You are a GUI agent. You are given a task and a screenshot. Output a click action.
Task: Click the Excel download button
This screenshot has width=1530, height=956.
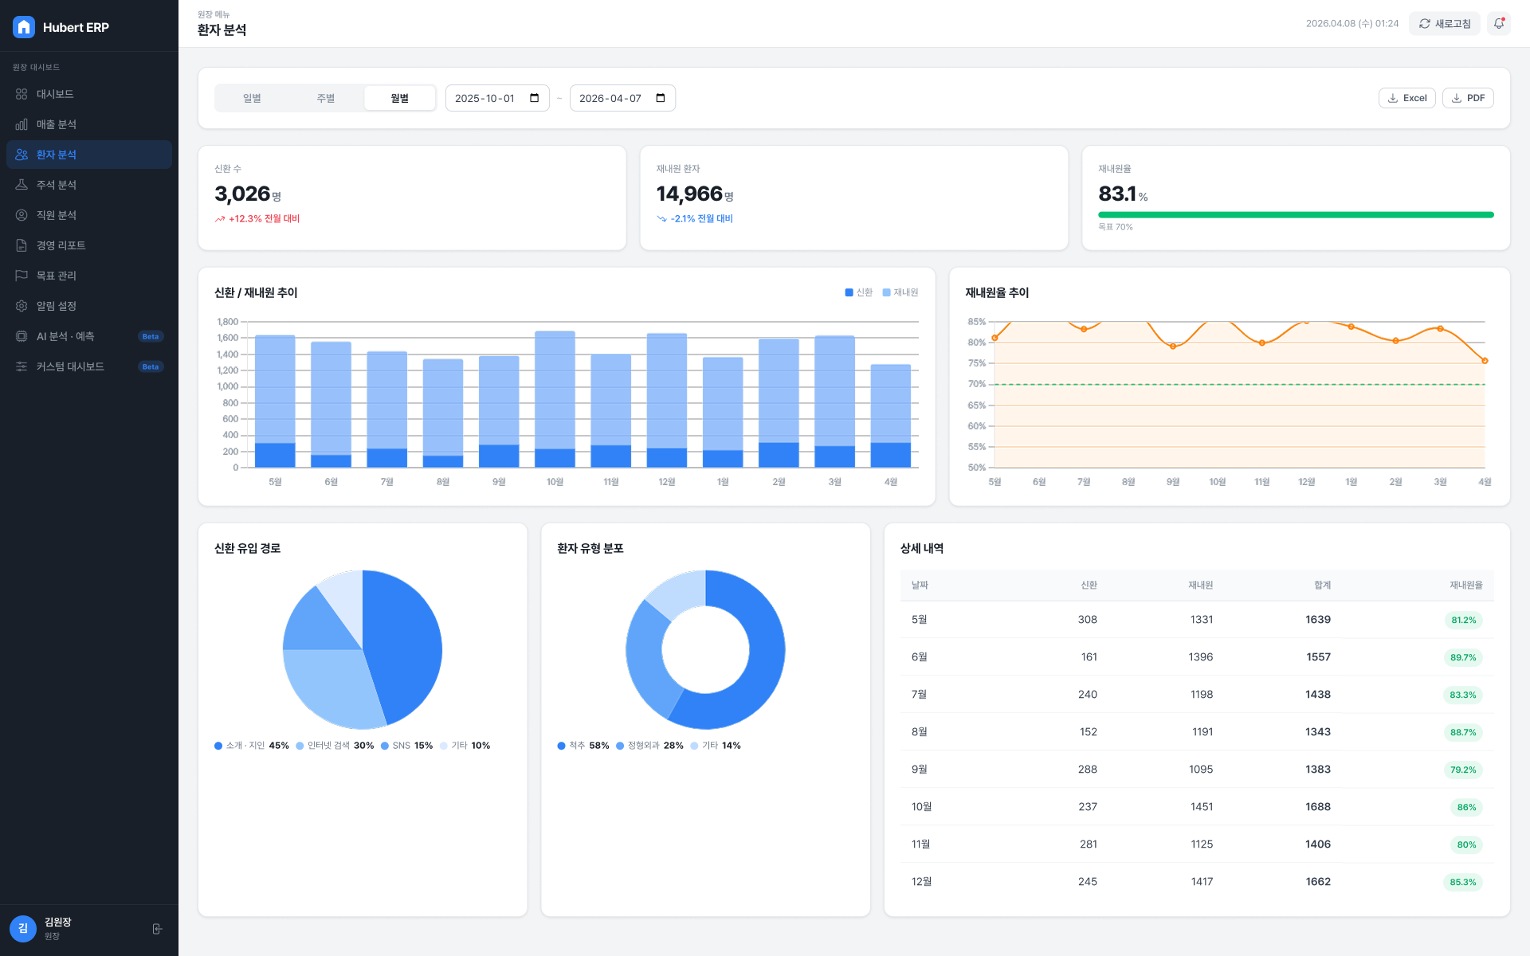(x=1406, y=98)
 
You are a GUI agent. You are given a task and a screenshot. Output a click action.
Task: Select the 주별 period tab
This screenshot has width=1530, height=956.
(x=325, y=98)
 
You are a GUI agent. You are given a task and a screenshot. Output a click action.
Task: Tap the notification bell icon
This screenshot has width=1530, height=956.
(x=1499, y=23)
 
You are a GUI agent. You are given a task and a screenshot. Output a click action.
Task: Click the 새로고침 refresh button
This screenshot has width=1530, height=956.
(x=1444, y=23)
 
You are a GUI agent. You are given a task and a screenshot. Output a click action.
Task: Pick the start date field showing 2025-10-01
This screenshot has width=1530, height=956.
(x=497, y=98)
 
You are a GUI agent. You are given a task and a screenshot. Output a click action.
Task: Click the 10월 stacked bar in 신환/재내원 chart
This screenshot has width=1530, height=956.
(x=555, y=399)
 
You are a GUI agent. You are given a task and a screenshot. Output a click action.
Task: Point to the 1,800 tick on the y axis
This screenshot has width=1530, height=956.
(x=227, y=322)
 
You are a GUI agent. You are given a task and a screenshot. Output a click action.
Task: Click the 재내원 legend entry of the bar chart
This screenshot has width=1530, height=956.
(x=900, y=292)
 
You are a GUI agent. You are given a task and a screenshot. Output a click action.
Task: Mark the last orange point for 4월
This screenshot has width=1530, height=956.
(x=1485, y=361)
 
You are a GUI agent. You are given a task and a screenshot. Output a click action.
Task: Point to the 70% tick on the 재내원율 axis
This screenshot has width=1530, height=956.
(x=977, y=384)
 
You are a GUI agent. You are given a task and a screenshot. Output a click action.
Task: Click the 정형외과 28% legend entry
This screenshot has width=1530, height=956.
(x=649, y=746)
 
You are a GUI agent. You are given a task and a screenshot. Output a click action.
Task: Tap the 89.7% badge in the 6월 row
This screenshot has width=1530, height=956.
(x=1463, y=657)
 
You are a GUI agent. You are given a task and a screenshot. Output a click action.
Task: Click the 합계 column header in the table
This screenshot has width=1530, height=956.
(x=1322, y=585)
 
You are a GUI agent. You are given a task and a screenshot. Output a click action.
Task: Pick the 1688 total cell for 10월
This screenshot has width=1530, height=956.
(x=1318, y=806)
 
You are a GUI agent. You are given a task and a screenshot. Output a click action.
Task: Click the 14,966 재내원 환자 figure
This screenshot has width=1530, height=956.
(x=689, y=194)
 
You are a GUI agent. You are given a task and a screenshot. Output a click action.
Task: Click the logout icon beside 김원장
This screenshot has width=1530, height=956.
(x=157, y=929)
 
